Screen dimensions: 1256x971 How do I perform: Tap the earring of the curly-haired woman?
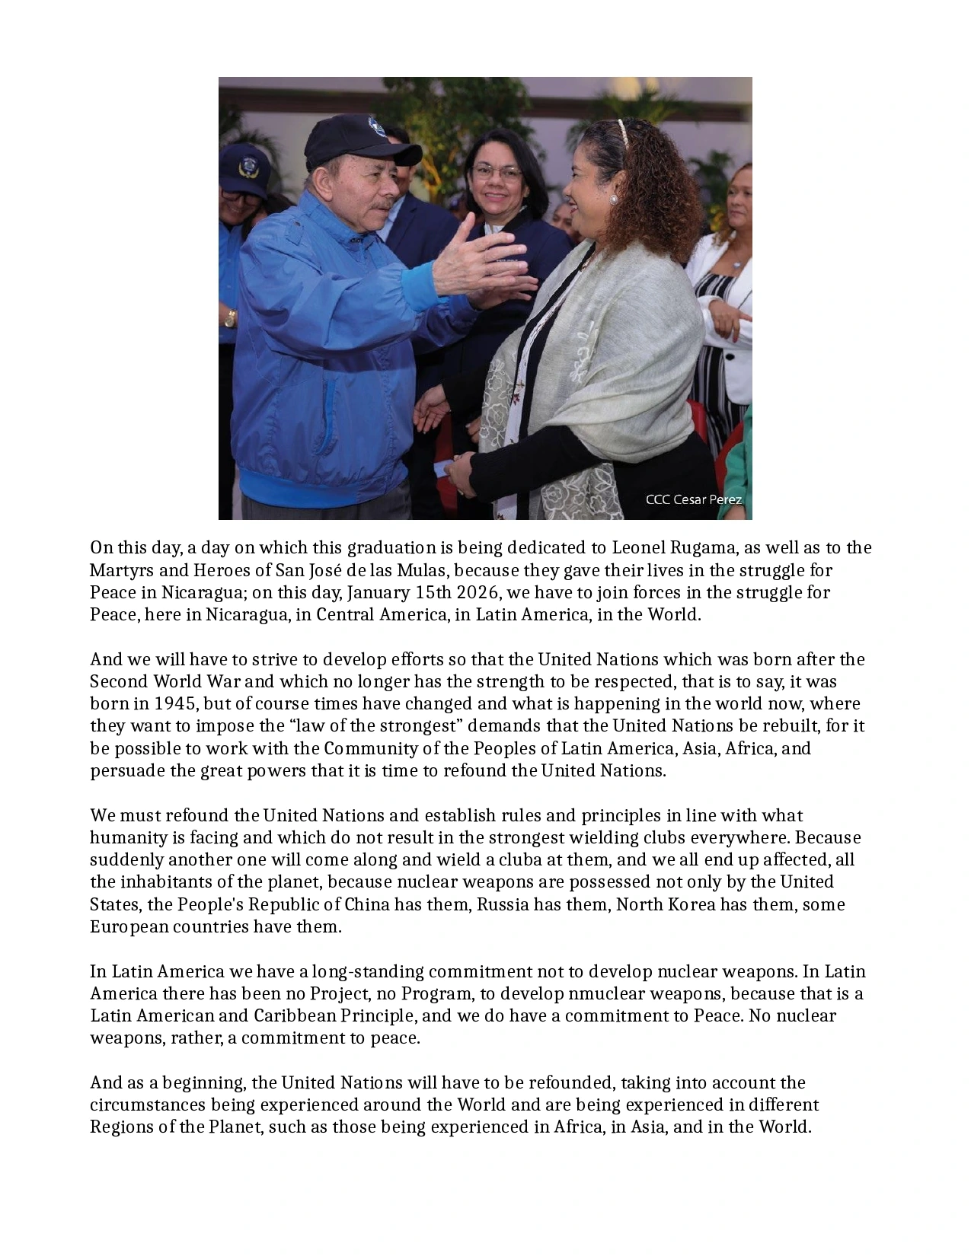(x=613, y=199)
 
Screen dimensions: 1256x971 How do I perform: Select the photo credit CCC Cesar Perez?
(x=693, y=500)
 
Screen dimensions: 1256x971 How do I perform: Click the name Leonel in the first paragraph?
(x=638, y=548)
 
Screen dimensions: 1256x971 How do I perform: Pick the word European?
(x=128, y=926)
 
